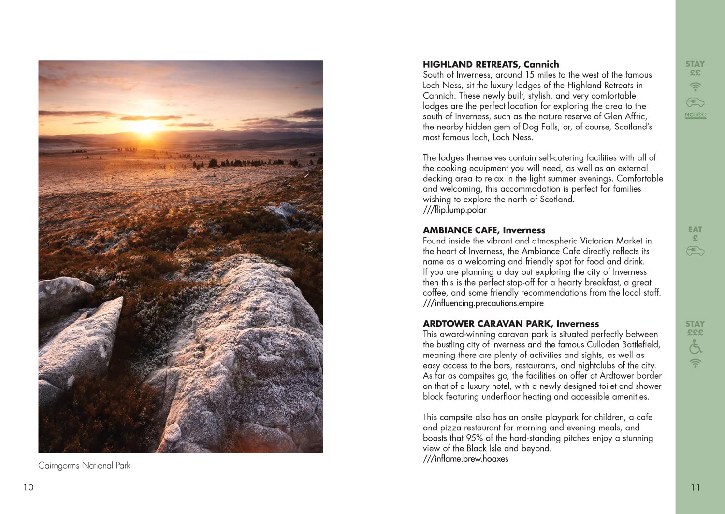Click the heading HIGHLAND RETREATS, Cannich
click(x=491, y=64)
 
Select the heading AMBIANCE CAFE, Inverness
click(x=484, y=230)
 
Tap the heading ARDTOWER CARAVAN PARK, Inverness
click(x=510, y=324)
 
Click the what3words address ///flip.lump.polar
click(x=454, y=210)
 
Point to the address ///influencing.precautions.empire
click(x=483, y=303)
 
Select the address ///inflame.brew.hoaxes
click(x=465, y=459)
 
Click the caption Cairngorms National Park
click(x=84, y=466)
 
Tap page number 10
click(x=29, y=487)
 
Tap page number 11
click(x=695, y=487)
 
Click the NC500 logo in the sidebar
click(x=696, y=115)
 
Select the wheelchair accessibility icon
click(x=696, y=347)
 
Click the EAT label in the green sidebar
click(x=695, y=229)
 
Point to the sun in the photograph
click(x=144, y=127)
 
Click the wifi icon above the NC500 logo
click(x=695, y=86)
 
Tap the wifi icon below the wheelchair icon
click(x=695, y=363)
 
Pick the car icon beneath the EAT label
click(x=695, y=251)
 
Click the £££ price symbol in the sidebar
click(x=695, y=333)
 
